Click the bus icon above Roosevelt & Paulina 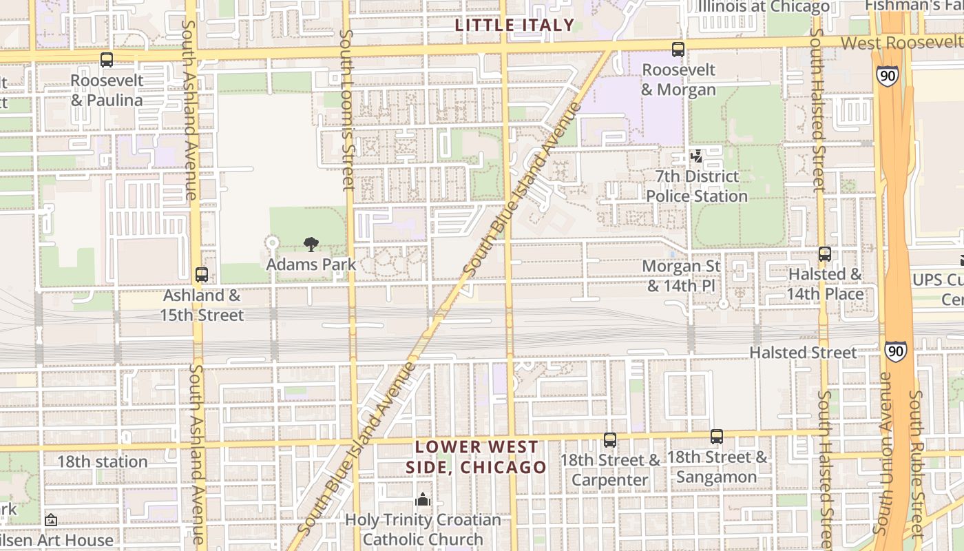coord(106,60)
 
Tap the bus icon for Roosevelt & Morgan coord(678,50)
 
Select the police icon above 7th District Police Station coord(697,156)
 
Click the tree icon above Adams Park coord(311,244)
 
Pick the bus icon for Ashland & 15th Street coord(202,275)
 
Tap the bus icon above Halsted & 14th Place coord(825,254)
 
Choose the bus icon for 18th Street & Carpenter coord(610,439)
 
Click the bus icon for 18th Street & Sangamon coord(717,437)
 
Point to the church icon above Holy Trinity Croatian coord(423,499)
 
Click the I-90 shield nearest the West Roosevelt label coord(888,75)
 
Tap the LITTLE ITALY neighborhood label coord(514,25)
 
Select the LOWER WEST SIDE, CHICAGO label coord(476,457)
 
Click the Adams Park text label coord(311,264)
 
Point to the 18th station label coord(102,461)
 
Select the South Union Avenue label coord(883,455)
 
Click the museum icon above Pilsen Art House coord(50,520)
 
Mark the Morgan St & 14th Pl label coord(681,275)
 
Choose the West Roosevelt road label coord(902,43)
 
